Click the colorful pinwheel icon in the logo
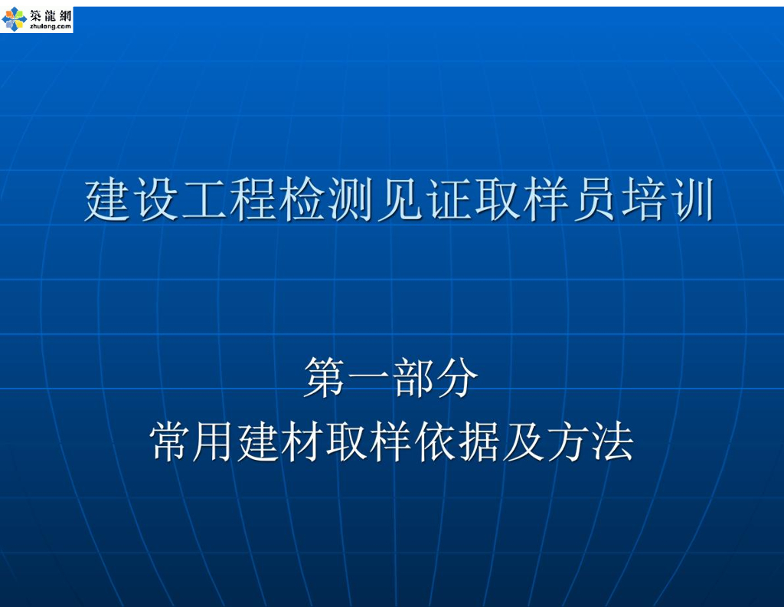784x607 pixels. click(14, 18)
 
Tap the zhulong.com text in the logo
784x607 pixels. click(51, 26)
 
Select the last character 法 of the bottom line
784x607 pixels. click(612, 442)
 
